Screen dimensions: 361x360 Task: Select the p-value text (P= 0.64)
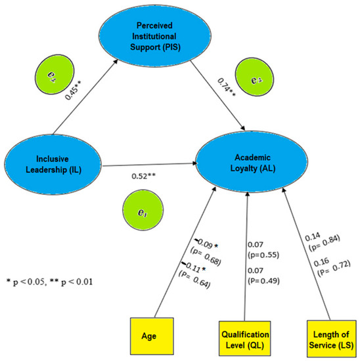pyautogui.click(x=206, y=278)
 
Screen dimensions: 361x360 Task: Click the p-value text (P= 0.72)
pyautogui.click(x=321, y=271)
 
